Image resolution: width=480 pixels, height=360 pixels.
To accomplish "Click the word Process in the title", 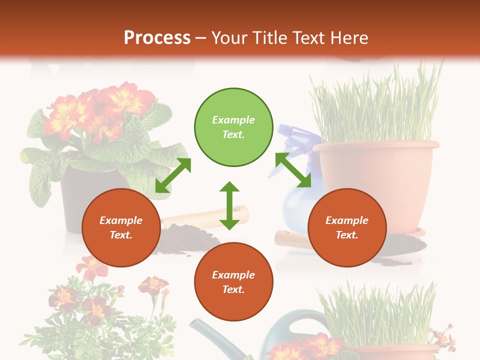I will pos(157,38).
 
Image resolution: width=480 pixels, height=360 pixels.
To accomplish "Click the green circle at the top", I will pos(233,127).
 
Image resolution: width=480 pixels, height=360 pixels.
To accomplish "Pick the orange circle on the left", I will pos(121,228).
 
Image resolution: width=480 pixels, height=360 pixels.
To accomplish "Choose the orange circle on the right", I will pos(347,228).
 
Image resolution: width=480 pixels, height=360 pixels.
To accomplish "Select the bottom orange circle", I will pos(233,282).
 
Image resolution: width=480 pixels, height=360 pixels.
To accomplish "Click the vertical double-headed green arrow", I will pos(229,205).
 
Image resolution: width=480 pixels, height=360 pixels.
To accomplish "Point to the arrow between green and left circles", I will pos(173,175).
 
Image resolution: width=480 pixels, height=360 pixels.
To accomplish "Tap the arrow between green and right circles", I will pos(293,169).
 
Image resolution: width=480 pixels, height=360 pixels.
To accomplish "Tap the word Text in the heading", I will pos(307,38).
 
